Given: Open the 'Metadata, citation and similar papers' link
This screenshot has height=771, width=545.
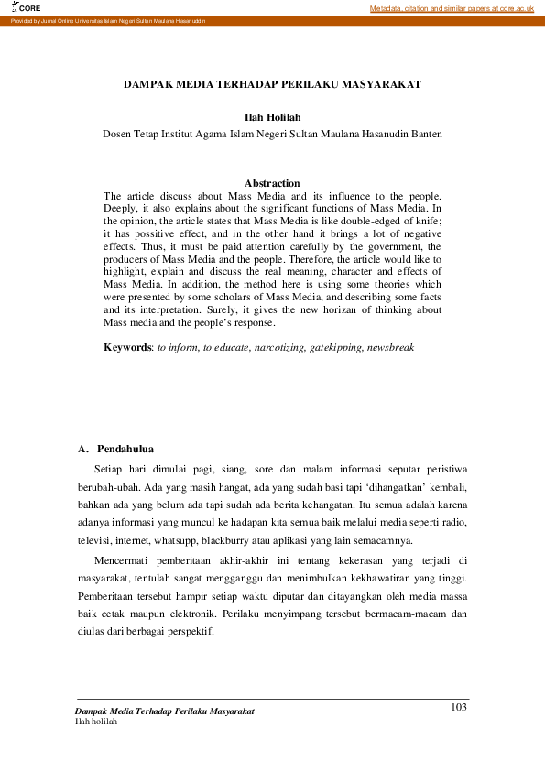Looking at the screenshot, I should [452, 8].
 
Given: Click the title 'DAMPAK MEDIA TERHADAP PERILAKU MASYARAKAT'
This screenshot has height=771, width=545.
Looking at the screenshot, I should [272, 84].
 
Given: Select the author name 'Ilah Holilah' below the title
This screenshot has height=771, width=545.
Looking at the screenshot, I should [272, 118].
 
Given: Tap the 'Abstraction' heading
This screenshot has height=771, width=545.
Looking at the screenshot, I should [272, 183].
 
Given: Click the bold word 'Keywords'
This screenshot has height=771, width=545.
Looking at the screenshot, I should [126, 348].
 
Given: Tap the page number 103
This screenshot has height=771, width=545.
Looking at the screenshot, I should [460, 705].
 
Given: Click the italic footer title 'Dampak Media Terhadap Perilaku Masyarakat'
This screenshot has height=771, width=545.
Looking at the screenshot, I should [165, 711].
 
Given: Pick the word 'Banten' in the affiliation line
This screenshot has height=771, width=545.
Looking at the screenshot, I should [424, 134].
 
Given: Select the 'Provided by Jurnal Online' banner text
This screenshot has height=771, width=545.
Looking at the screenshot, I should [108, 20].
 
